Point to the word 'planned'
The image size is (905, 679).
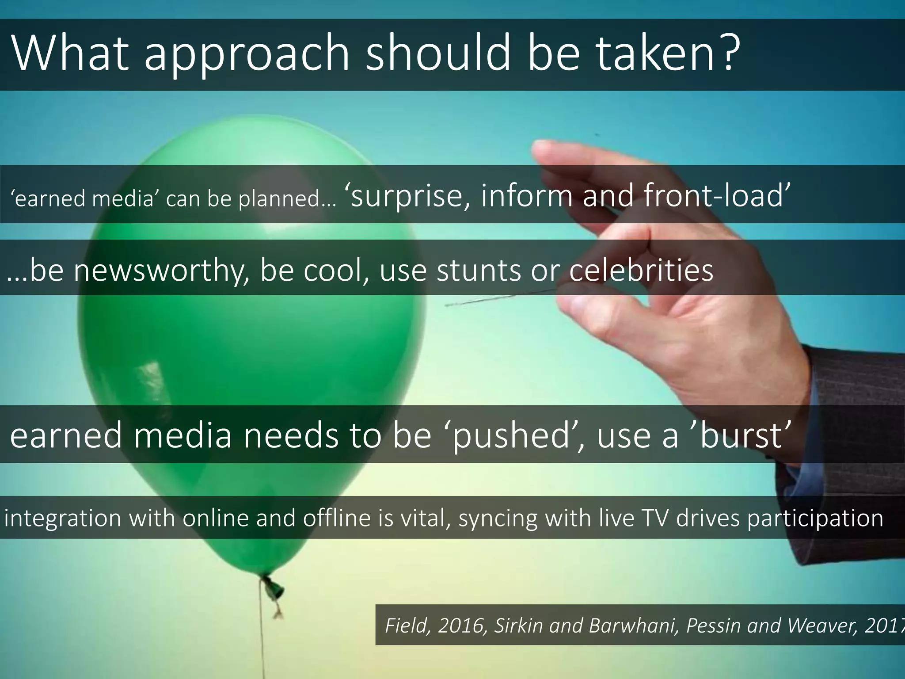point(287,200)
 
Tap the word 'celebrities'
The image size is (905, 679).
point(641,270)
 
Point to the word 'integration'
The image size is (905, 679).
point(62,518)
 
